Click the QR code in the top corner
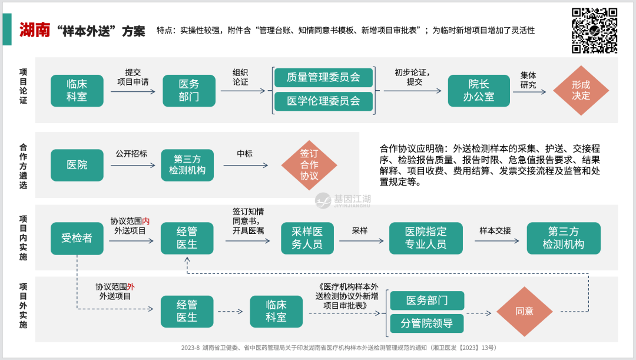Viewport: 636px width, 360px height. pyautogui.click(x=595, y=31)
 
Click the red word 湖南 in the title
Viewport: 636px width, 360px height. pyautogui.click(x=34, y=30)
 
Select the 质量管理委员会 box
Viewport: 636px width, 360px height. pyautogui.click(x=323, y=77)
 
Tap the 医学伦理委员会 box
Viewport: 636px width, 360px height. pyautogui.click(x=323, y=101)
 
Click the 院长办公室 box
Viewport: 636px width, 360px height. pyautogui.click(x=478, y=90)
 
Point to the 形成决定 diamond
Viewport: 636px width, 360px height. pyautogui.click(x=581, y=90)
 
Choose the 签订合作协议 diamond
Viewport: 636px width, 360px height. pyautogui.click(x=309, y=165)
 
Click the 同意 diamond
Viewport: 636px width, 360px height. pyautogui.click(x=524, y=311)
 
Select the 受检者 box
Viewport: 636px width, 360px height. pyautogui.click(x=77, y=238)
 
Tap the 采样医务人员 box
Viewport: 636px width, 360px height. pyautogui.click(x=307, y=238)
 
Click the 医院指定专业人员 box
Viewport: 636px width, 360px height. pyautogui.click(x=425, y=238)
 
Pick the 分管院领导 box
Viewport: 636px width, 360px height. pyautogui.click(x=427, y=323)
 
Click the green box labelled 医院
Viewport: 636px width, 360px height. pyautogui.click(x=77, y=165)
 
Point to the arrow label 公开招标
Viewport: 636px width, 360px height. pyautogui.click(x=131, y=154)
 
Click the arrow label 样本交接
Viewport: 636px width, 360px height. pyautogui.click(x=495, y=230)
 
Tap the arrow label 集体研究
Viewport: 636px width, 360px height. pyautogui.click(x=528, y=80)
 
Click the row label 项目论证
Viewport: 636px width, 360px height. pyautogui.click(x=23, y=87)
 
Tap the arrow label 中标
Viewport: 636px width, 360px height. pyautogui.click(x=244, y=154)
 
